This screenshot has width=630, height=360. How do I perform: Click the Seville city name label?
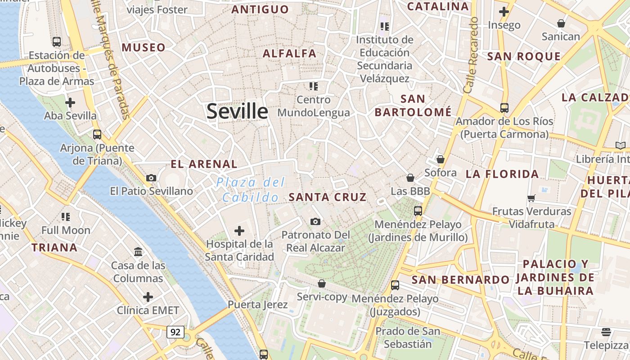tap(237, 111)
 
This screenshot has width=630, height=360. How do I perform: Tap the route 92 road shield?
tap(175, 332)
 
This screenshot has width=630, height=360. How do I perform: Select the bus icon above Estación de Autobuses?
tap(57, 42)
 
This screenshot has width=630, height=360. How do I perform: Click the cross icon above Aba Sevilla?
tap(70, 103)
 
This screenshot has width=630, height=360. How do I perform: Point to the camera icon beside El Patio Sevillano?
tap(151, 178)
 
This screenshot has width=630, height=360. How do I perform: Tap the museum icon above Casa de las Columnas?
tap(138, 252)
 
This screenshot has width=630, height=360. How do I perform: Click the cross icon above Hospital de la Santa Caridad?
tap(239, 231)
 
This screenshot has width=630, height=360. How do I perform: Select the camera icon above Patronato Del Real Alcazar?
tap(315, 221)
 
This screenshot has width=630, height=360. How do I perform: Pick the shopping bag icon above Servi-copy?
tap(322, 283)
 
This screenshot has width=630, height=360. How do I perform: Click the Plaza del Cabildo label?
tap(251, 189)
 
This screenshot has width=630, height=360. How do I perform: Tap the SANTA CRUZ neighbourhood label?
tap(328, 197)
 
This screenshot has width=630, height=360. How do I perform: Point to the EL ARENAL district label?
tap(204, 164)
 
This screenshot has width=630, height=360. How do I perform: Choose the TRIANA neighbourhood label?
tap(54, 247)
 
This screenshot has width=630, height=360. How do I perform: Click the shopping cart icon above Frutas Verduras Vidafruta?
tap(531, 198)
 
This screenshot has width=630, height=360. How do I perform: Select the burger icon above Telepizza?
tap(606, 332)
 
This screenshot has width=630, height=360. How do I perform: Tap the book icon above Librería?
tap(621, 145)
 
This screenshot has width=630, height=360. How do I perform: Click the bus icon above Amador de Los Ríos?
tap(504, 108)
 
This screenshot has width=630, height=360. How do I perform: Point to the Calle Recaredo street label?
tap(471, 56)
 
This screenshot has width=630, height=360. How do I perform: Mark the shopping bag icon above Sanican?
tap(561, 23)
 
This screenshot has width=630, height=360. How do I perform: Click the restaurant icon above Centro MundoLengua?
tap(314, 86)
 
